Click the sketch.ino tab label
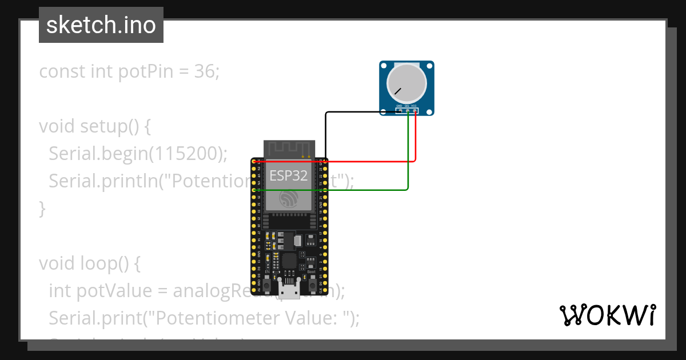point(101,25)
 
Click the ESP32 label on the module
point(289,175)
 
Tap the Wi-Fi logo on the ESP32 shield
point(289,198)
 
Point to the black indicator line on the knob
point(397,91)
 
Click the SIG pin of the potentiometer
point(408,111)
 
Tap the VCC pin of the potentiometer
point(415,111)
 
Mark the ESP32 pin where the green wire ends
point(254,190)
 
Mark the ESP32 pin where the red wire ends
point(254,162)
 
